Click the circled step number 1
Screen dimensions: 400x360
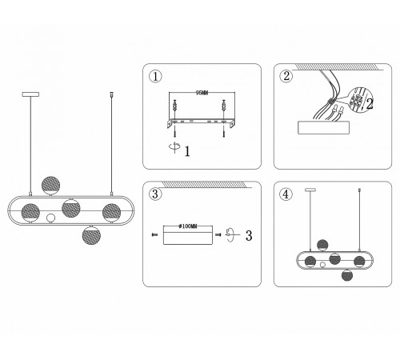(155, 77)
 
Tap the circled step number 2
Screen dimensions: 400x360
(286, 76)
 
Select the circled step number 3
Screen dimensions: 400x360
(155, 194)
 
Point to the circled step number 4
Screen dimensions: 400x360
(286, 194)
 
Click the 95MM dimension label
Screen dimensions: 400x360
(202, 93)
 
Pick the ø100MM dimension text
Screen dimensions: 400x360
(188, 226)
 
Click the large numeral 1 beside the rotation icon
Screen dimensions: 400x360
(187, 151)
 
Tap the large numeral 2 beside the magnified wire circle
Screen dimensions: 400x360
(370, 104)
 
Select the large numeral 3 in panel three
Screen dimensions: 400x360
(249, 235)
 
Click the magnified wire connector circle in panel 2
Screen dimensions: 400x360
(360, 100)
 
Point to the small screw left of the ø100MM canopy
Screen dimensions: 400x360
(154, 234)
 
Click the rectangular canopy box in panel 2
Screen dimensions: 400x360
(323, 127)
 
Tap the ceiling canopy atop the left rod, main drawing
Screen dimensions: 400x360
(30, 94)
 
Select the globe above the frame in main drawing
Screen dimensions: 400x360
(51, 186)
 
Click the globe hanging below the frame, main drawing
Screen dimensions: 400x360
(91, 235)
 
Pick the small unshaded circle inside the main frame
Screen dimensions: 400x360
(50, 218)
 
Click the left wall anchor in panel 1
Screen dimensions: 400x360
(174, 107)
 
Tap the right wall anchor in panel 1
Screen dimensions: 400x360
(223, 107)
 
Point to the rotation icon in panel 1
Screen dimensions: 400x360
(174, 147)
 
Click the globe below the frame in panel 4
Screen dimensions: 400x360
(347, 275)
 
